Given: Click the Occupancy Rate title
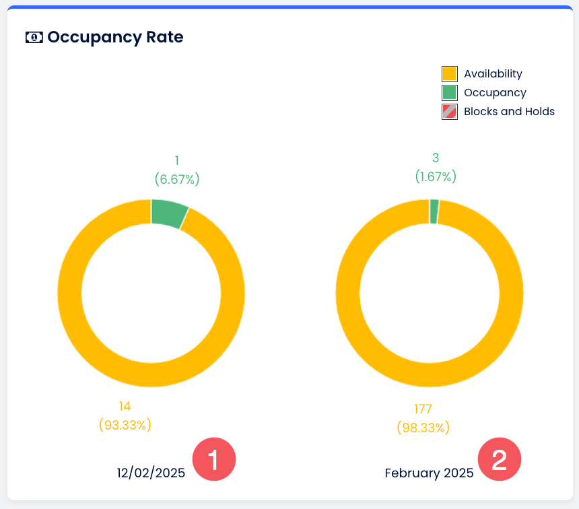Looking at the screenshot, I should coord(115,37).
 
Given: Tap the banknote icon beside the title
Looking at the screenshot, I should coord(34,38).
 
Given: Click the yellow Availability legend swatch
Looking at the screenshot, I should coord(450,74).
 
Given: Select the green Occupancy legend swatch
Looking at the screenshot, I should coord(450,93).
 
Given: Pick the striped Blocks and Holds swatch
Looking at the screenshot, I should coord(450,112).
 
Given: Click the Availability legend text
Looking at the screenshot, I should coord(493,74).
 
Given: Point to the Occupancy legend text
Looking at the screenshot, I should coord(495,93).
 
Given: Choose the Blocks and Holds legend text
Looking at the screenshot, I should coord(509,112).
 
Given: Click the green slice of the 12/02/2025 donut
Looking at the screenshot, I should coord(169,213).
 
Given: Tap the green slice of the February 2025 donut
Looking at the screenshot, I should coord(434,211).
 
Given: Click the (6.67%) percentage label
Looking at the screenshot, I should coord(177,179).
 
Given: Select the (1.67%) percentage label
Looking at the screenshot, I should coord(436,176).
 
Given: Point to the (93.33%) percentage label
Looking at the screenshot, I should coord(125,425).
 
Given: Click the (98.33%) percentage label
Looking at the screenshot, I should coord(423,428).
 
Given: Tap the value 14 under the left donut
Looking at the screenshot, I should coord(125,406).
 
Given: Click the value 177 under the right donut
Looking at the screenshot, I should coord(423,409).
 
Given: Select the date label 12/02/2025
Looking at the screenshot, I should coord(151,473).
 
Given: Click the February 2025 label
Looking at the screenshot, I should coord(429,473).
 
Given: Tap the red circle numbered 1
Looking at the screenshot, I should coord(213,460).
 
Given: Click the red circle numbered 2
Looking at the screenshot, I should coord(500,460).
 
